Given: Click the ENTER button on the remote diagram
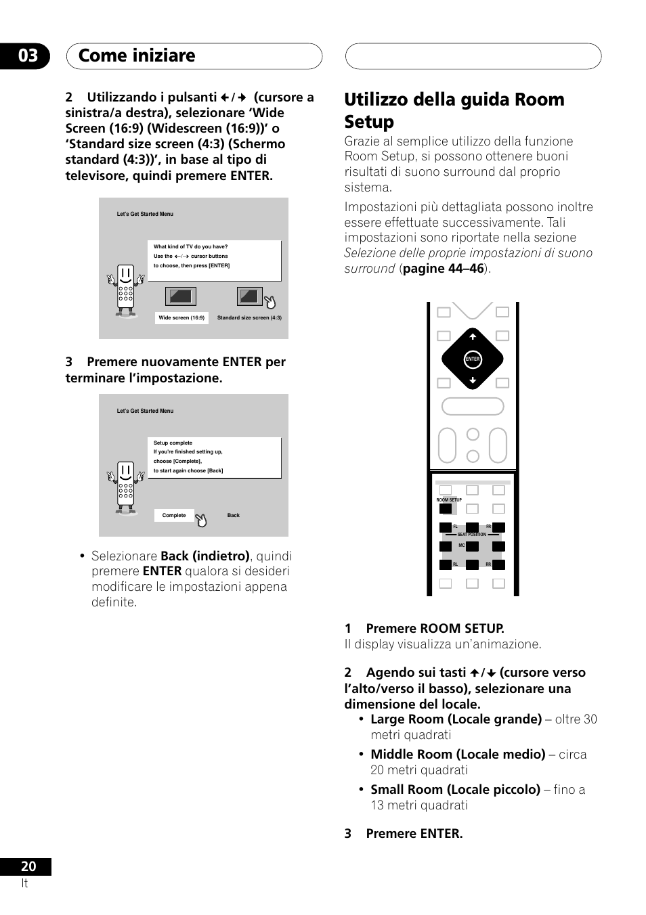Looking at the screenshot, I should point(473,359).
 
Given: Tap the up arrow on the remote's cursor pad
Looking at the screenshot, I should point(473,336).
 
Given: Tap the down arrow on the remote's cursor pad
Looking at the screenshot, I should point(473,381).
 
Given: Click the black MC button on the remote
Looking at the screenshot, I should point(472,546).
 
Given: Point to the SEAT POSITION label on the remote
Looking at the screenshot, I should point(471,535).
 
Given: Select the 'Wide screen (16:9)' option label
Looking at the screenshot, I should point(181,318).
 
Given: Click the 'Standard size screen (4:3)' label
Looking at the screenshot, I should point(249,318).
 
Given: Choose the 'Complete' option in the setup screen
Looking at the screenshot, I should point(174,516).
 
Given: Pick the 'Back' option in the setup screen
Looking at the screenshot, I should point(234,516).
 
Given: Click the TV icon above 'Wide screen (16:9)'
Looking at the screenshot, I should point(181,296).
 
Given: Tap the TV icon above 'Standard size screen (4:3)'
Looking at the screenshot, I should point(249,296).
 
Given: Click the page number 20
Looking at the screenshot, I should point(28,867).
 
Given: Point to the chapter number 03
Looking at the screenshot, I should point(28,55).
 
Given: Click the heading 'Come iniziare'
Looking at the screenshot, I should point(137,55).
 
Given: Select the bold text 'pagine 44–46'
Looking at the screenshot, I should point(444,269).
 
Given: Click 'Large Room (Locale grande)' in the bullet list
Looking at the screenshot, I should point(456,719).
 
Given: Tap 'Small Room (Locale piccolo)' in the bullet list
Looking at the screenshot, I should point(455,790).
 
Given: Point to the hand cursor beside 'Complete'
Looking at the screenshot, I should point(201,520).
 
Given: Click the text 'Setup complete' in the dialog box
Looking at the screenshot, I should point(173,443).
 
